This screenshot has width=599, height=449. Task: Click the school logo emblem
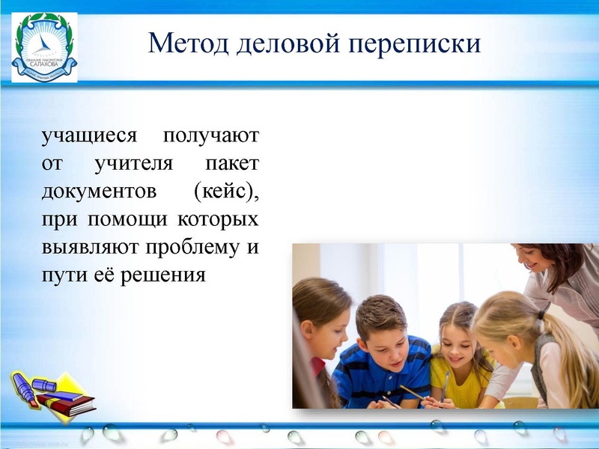(x=44, y=46)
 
